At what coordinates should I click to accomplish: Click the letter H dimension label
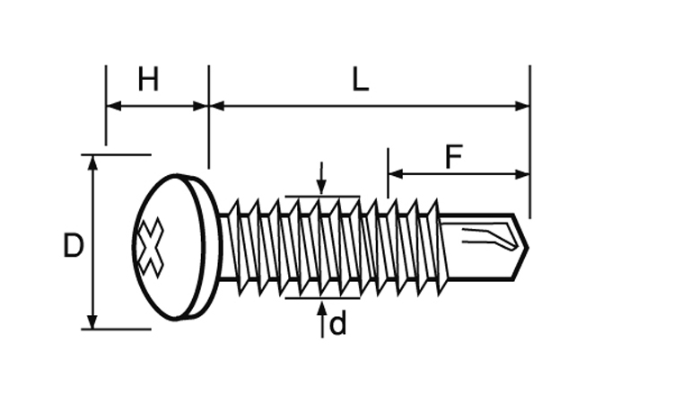[x=148, y=81]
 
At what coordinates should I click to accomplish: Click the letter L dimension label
[x=360, y=81]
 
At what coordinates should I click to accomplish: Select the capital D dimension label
[x=74, y=246]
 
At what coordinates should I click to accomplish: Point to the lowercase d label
[x=337, y=324]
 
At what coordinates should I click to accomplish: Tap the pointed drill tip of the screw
[x=524, y=244]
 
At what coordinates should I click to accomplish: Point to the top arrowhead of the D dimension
[x=92, y=162]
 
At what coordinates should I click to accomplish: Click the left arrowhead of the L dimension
[x=216, y=106]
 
